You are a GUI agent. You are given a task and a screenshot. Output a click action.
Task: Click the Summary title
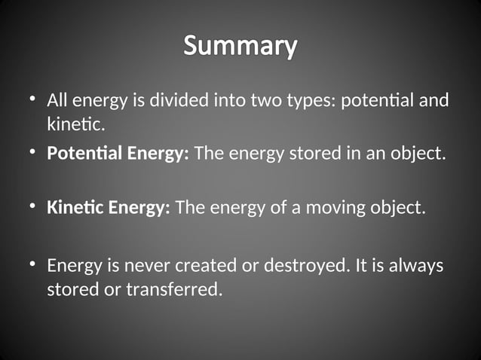[240, 46]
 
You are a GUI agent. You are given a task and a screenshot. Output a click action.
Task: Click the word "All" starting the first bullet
[58, 100]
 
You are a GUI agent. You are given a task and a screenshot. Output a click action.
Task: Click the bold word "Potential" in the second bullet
[80, 154]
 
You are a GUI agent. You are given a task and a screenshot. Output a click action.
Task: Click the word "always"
[418, 267]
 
